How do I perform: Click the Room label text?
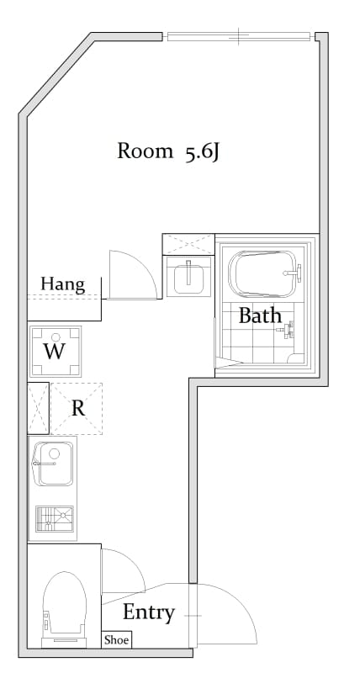click(x=145, y=151)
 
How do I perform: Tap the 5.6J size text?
click(x=203, y=152)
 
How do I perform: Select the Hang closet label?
click(x=62, y=284)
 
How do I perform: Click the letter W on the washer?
click(x=55, y=352)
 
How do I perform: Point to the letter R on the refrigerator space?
click(x=77, y=409)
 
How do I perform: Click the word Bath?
click(x=260, y=316)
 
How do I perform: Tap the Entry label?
click(x=149, y=613)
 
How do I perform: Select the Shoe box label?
click(x=116, y=640)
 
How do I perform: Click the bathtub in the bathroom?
click(x=262, y=274)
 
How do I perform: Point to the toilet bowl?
click(x=65, y=604)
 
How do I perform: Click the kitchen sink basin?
click(x=54, y=464)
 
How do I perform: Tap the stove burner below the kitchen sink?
click(x=55, y=518)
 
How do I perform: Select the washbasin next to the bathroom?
click(x=188, y=276)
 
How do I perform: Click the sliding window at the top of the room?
click(x=238, y=37)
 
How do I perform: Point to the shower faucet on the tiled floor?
click(x=287, y=329)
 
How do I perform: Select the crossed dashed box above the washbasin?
click(x=188, y=244)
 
